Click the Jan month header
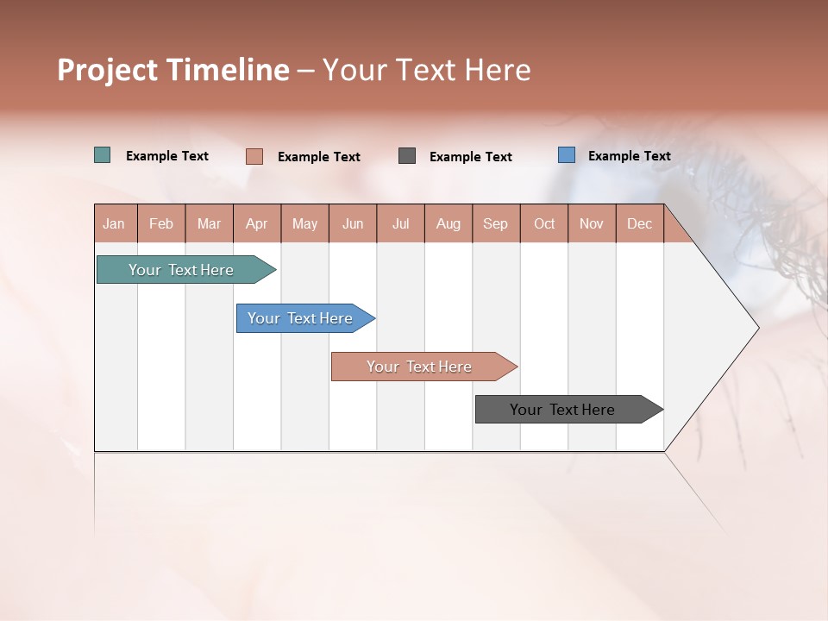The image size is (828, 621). tap(114, 223)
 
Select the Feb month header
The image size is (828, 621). tap(161, 223)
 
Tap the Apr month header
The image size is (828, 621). tap(256, 223)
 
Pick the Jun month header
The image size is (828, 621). tap(353, 223)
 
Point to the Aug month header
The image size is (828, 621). tap(448, 223)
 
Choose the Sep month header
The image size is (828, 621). tap(495, 223)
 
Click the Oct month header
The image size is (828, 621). tap(544, 223)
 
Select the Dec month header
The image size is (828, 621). tap(639, 223)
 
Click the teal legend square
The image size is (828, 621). tap(102, 155)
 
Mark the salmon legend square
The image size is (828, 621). tap(254, 156)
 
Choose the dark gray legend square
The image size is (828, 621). tap(407, 156)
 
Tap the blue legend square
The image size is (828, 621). tap(566, 155)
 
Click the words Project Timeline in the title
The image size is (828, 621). tap(173, 70)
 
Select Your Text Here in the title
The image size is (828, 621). tap(426, 70)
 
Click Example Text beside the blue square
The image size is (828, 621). tap(629, 156)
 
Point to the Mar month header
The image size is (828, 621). tap(209, 223)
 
